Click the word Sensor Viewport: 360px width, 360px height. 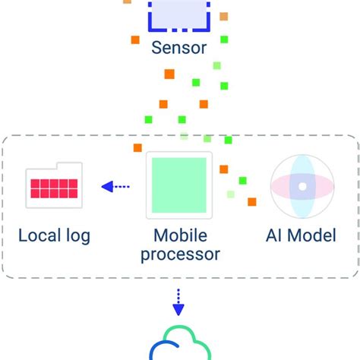click(x=179, y=49)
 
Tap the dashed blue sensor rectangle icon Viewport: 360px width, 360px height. click(x=179, y=15)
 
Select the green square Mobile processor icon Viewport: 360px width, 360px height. click(x=178, y=185)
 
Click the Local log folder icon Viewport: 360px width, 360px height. click(x=54, y=185)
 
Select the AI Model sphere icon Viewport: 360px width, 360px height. click(x=302, y=185)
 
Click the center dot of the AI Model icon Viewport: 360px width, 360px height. click(x=302, y=185)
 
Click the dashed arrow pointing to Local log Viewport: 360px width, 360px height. click(x=115, y=185)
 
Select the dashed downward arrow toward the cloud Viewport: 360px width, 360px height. click(x=178, y=302)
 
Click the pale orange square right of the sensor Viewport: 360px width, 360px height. click(x=223, y=16)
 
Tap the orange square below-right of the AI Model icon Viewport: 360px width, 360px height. click(x=251, y=202)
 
